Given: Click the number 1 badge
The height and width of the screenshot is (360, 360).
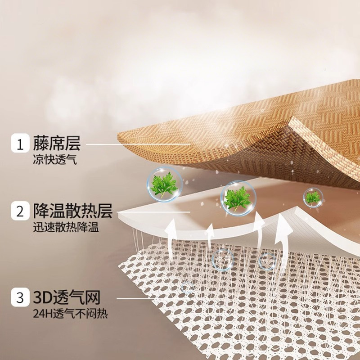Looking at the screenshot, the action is coord(20,144).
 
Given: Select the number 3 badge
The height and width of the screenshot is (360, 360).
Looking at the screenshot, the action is coord(20,298).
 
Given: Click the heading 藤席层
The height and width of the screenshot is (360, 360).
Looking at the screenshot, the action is coord(56,144).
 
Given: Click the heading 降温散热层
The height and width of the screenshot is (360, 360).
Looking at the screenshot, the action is coord(72,211).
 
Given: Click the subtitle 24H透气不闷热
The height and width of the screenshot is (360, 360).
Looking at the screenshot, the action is coord(70,313).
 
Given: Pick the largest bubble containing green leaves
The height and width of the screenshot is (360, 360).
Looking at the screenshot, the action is coord(238,198).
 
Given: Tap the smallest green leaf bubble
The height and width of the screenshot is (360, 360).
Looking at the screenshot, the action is coord(312,197).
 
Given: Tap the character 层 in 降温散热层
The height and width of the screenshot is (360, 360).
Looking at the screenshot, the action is coord(106,211).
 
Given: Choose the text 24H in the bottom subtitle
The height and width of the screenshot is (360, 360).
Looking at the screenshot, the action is coord(41,313).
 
